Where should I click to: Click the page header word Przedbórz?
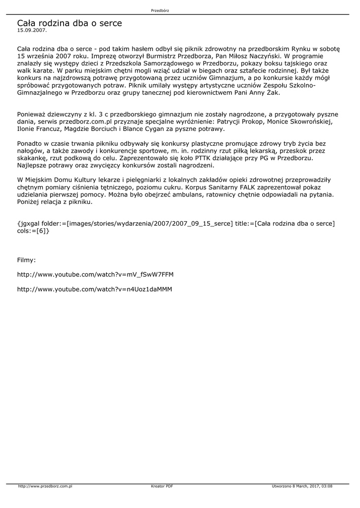(160, 10)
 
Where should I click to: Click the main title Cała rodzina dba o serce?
(69, 23)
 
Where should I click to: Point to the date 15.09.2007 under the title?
(32, 30)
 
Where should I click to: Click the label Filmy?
(27, 260)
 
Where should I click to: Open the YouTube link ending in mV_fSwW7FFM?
(95, 274)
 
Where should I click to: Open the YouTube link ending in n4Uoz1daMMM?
(95, 289)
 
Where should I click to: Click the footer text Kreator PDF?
(162, 486)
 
